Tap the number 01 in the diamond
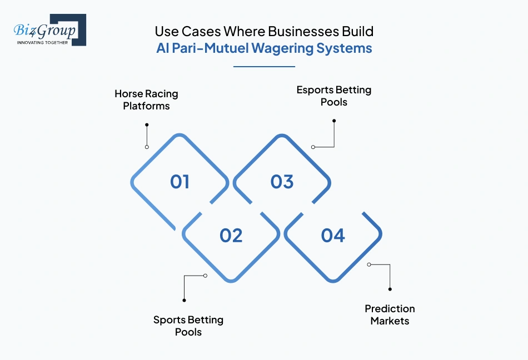click(x=180, y=182)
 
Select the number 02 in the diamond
click(x=231, y=236)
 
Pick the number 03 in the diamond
click(x=282, y=182)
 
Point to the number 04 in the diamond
click(x=333, y=236)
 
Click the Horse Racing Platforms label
click(x=146, y=99)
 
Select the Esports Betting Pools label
click(x=333, y=96)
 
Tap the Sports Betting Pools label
click(x=188, y=326)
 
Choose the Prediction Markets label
click(x=390, y=314)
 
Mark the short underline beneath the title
click(x=264, y=67)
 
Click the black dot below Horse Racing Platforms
click(x=147, y=125)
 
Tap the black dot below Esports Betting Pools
click(x=334, y=121)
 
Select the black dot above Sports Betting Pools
click(x=184, y=300)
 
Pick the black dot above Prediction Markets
click(x=390, y=289)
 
